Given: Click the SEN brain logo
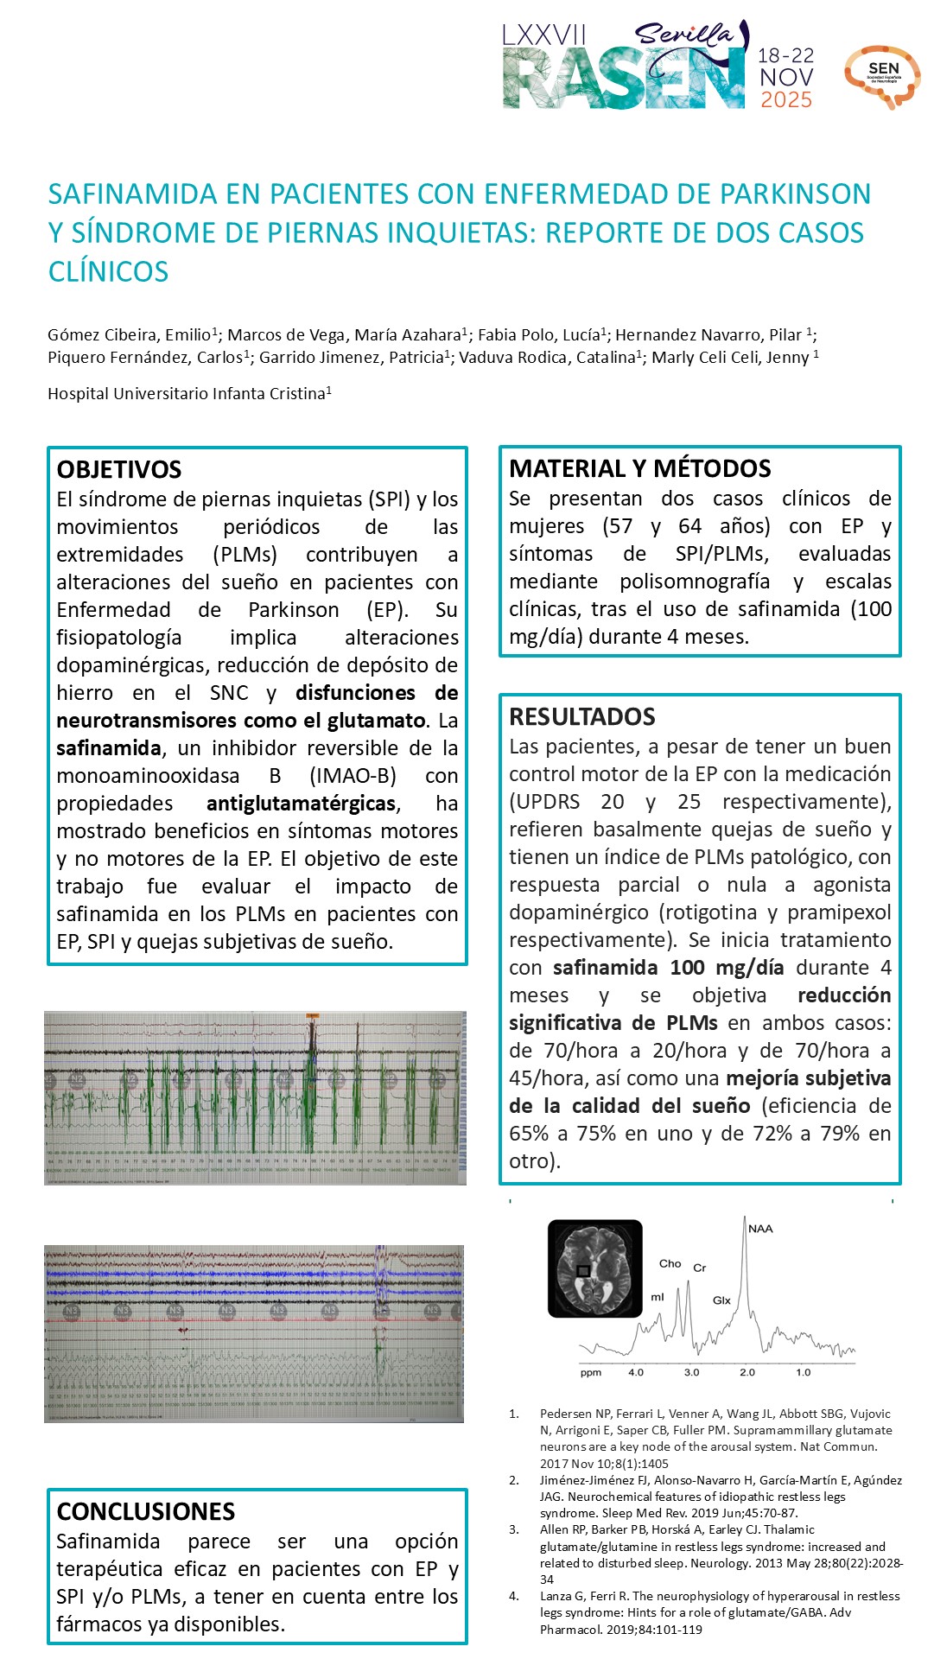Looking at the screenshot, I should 882,76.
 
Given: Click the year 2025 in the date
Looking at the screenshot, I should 786,100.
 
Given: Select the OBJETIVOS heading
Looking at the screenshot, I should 119,470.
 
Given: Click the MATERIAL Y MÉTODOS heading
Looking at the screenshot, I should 639,468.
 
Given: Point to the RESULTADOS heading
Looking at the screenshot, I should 581,716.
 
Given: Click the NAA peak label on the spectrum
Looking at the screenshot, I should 760,1229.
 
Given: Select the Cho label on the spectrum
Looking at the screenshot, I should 670,1263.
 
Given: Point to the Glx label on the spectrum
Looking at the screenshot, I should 721,1300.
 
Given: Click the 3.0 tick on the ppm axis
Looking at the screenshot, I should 692,1372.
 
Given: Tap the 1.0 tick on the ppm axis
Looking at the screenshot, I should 804,1372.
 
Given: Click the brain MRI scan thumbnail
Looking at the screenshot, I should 595,1268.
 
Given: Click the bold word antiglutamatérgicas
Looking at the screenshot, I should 302,804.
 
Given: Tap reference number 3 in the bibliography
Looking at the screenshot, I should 514,1529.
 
